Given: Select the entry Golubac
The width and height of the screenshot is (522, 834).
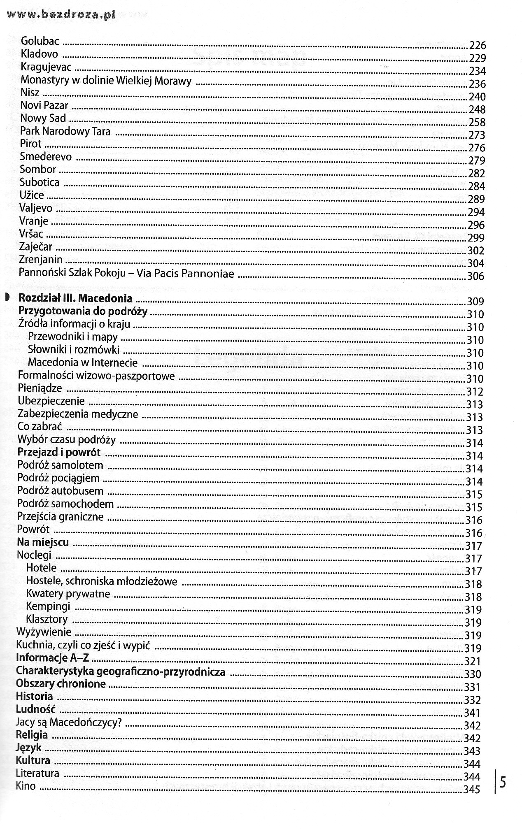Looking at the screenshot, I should tap(40, 41).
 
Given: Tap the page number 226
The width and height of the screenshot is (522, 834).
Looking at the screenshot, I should tap(478, 45).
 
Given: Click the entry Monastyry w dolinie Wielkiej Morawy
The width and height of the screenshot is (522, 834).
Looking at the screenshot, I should tap(106, 81).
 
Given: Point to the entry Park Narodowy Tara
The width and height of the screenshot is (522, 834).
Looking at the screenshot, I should tap(65, 132).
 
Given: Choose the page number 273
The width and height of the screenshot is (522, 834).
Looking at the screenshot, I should tap(477, 135).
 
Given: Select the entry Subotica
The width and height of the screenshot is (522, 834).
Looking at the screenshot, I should tap(40, 182).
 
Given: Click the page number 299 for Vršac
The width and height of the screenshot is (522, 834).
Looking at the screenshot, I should tap(476, 238).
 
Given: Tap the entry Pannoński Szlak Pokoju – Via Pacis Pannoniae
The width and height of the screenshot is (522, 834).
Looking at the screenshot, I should tap(126, 273).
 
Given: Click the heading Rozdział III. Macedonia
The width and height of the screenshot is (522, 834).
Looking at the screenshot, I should tap(76, 298).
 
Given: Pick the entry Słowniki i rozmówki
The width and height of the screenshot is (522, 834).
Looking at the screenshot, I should tap(74, 350).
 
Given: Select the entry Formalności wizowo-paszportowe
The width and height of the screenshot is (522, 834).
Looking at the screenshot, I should tap(96, 376).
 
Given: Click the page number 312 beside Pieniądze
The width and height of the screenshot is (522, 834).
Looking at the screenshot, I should tap(475, 392).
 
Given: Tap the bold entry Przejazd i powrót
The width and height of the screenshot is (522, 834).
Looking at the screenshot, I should tap(59, 452).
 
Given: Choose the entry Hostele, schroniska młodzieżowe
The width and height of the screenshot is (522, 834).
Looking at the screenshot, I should tap(101, 581).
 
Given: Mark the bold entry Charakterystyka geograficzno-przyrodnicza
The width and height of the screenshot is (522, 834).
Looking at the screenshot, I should tap(120, 671).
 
